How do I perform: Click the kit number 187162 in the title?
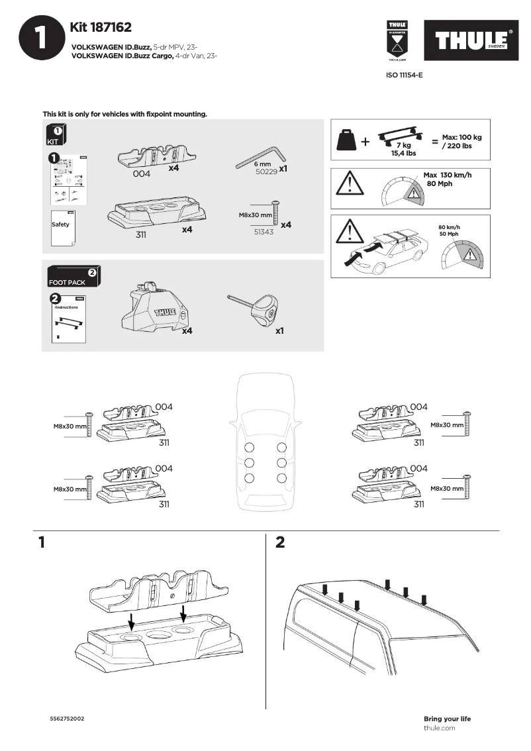coord(111,27)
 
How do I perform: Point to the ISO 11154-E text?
coord(404,75)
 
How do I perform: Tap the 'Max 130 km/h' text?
coord(448,175)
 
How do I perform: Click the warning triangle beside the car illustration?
coord(349,230)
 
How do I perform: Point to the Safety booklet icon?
coord(62,226)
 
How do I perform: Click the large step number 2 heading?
coord(280,542)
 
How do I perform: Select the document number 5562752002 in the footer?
coord(67,719)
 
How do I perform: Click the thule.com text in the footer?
coord(440,728)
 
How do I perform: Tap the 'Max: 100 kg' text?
coord(462,137)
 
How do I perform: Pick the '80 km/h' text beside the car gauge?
coord(448,228)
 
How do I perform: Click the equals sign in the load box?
coord(434,141)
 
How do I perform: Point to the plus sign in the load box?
coord(365,141)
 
